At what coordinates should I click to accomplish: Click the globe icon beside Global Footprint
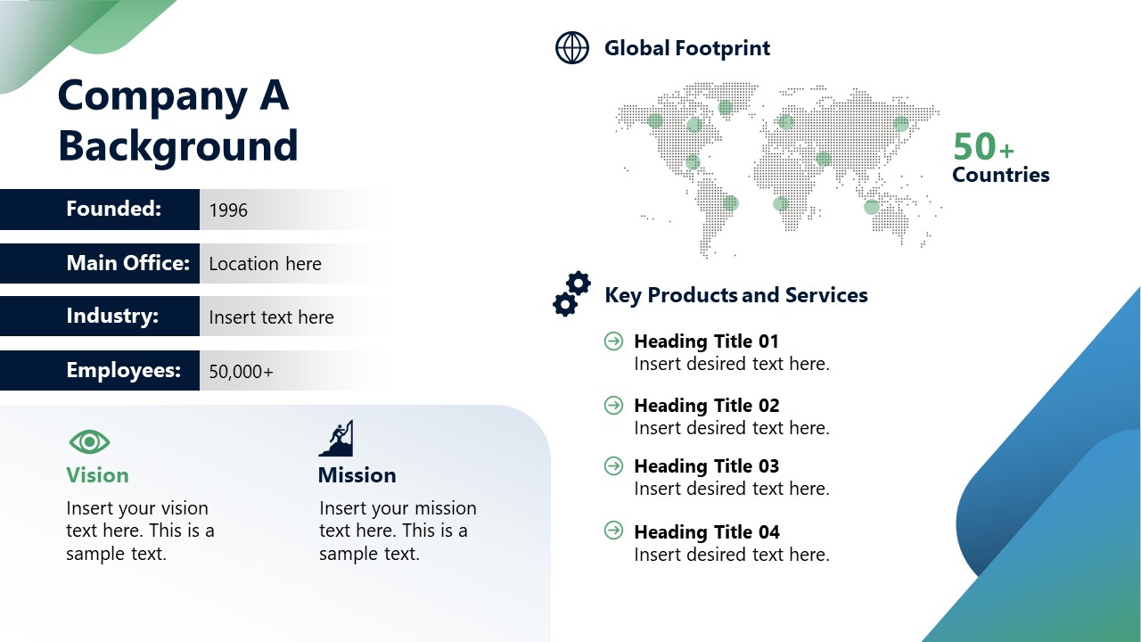click(572, 48)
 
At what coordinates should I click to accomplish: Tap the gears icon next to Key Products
click(571, 294)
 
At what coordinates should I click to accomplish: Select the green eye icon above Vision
click(89, 441)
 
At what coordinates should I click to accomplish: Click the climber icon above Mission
click(336, 439)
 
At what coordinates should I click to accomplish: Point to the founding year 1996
click(228, 210)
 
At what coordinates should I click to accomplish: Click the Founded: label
click(113, 209)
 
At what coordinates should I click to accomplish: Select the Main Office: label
click(127, 263)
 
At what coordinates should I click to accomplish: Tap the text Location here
click(265, 264)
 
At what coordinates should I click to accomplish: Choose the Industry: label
click(112, 317)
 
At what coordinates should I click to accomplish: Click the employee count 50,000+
click(241, 372)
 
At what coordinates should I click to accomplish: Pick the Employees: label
click(123, 370)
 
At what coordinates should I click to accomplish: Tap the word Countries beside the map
click(1000, 175)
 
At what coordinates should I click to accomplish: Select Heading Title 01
click(706, 342)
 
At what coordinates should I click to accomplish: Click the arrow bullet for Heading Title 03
click(613, 465)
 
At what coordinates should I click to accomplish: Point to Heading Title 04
click(706, 532)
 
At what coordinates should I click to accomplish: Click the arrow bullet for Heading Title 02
click(613, 405)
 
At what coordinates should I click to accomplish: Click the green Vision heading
click(97, 475)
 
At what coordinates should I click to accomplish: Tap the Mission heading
click(357, 475)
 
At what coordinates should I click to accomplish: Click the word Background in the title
click(177, 146)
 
